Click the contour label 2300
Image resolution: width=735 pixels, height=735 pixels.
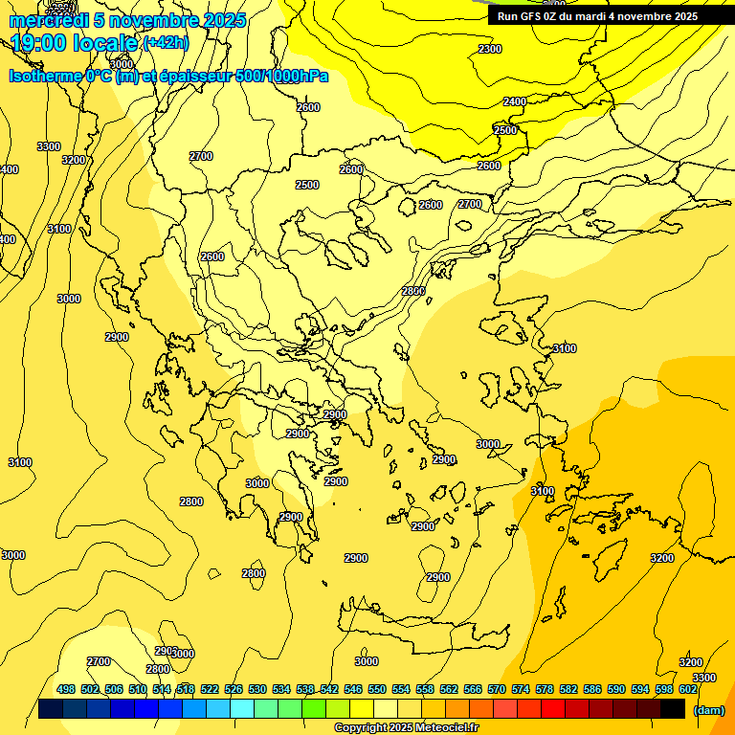pyautogui.click(x=489, y=49)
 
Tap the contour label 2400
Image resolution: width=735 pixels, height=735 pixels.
pyautogui.click(x=515, y=101)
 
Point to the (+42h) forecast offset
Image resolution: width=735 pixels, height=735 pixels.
pyautogui.click(x=166, y=43)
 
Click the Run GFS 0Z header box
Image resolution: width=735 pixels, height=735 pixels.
pyautogui.click(x=597, y=16)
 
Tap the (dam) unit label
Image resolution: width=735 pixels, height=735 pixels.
pyautogui.click(x=708, y=710)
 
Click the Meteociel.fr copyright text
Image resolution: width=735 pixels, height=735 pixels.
pyautogui.click(x=407, y=728)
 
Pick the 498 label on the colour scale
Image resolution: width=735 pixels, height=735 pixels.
pyautogui.click(x=66, y=689)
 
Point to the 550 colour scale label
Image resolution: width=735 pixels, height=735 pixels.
pyautogui.click(x=377, y=689)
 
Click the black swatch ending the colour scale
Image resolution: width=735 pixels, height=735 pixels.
pyautogui.click(x=673, y=708)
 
